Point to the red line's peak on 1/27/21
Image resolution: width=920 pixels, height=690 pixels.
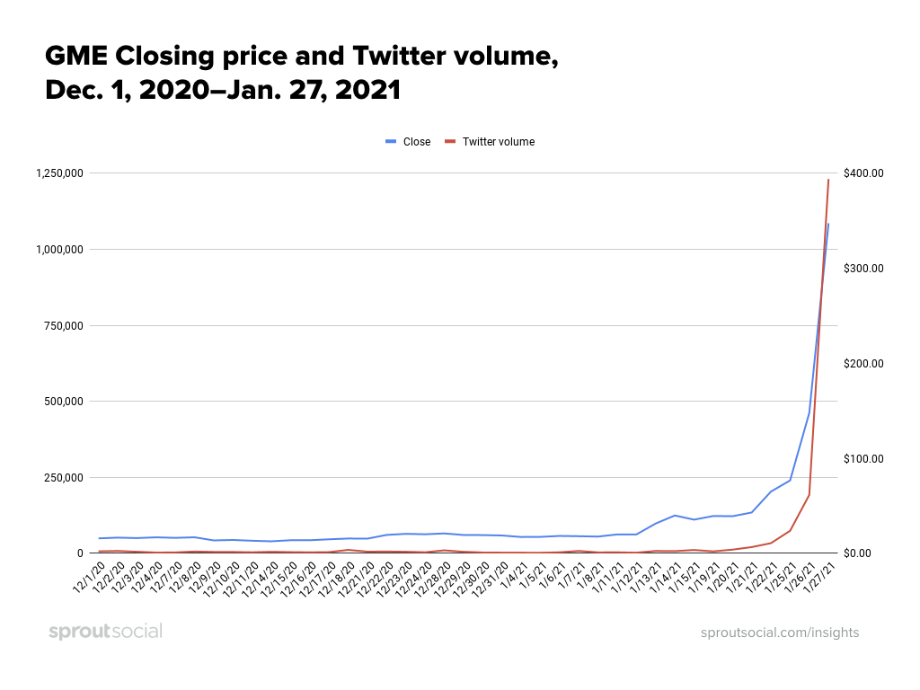click(828, 180)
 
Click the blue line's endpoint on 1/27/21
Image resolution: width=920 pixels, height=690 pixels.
click(828, 224)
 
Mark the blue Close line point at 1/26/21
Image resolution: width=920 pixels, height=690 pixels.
click(809, 413)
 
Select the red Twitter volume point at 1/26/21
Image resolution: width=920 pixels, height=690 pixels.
click(809, 494)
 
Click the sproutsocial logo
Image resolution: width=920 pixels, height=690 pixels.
click(105, 632)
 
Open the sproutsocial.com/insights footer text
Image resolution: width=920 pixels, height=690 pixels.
click(780, 632)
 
